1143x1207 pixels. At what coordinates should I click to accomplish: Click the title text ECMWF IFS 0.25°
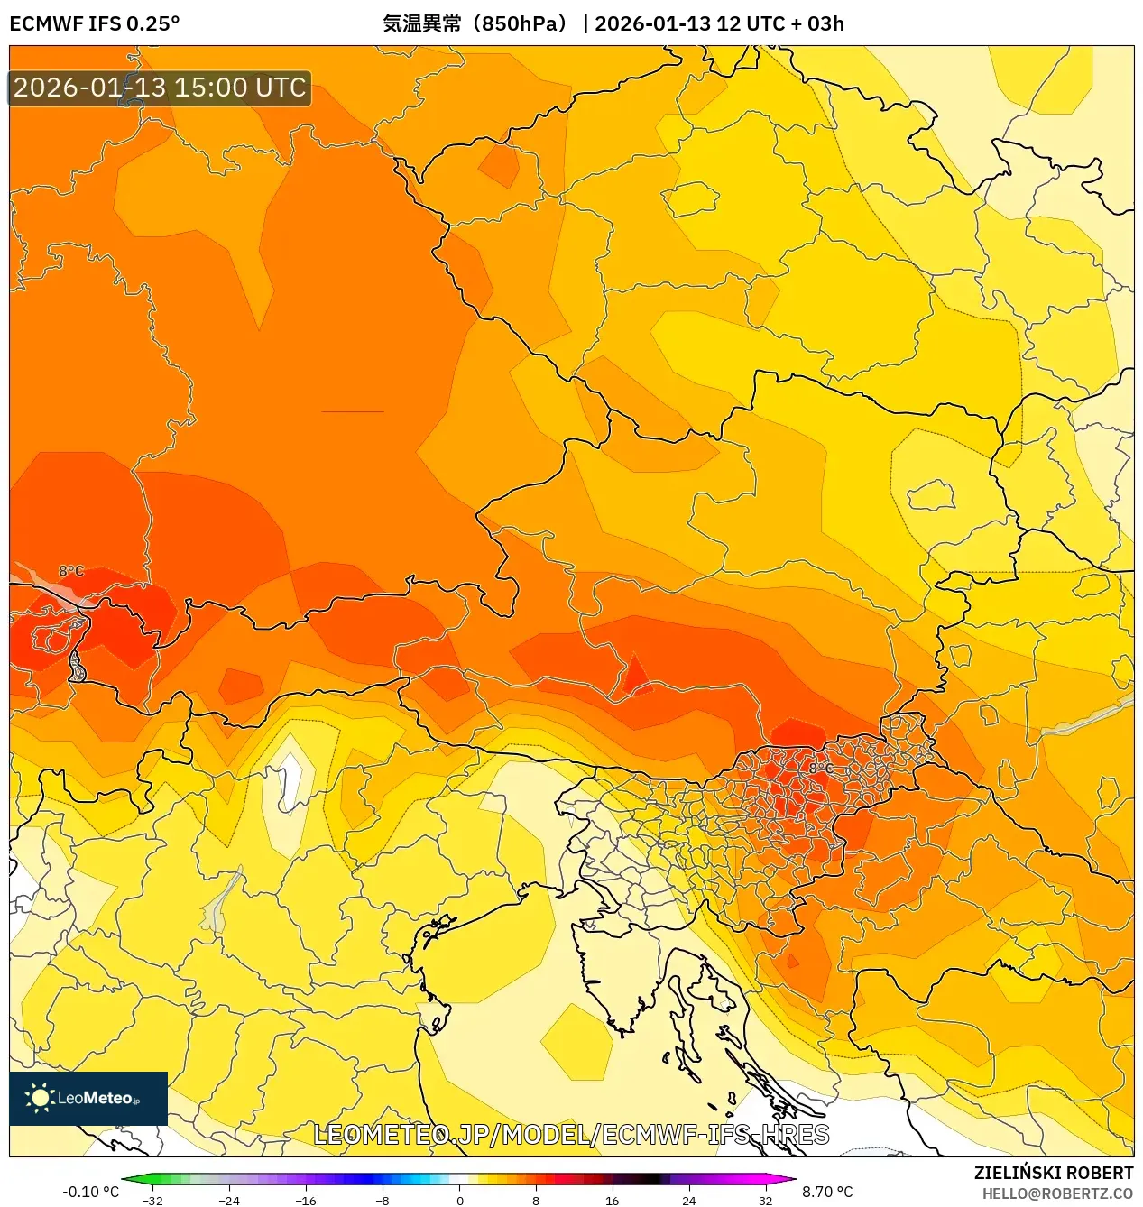pyautogui.click(x=95, y=24)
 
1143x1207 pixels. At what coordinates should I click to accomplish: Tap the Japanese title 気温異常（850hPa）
pyautogui.click(x=477, y=24)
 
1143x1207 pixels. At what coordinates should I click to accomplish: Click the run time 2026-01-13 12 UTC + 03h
pyautogui.click(x=719, y=24)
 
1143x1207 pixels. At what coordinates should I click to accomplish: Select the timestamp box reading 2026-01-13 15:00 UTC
pyautogui.click(x=160, y=88)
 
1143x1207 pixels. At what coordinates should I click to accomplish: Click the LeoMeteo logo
pyautogui.click(x=88, y=1098)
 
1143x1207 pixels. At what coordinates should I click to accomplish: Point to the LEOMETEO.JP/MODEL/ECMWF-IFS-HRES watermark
pyautogui.click(x=571, y=1135)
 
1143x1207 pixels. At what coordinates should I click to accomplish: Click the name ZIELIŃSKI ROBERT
pyautogui.click(x=1053, y=1173)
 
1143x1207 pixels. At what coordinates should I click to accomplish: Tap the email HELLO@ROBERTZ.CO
pyautogui.click(x=1057, y=1193)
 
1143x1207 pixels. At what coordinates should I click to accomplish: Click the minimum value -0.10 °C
pyautogui.click(x=90, y=1192)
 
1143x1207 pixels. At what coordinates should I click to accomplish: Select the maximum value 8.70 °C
pyautogui.click(x=827, y=1192)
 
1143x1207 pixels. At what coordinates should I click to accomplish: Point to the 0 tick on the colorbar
pyautogui.click(x=459, y=1200)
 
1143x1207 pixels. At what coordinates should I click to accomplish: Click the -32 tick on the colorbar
pyautogui.click(x=152, y=1200)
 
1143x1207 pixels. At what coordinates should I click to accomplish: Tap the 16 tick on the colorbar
pyautogui.click(x=613, y=1200)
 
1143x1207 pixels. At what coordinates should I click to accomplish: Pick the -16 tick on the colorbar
pyautogui.click(x=306, y=1200)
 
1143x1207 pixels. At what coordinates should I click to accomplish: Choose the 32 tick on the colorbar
pyautogui.click(x=766, y=1200)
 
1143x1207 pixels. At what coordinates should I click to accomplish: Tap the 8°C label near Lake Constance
pyautogui.click(x=71, y=571)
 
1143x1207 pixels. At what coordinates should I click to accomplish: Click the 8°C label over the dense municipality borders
pyautogui.click(x=820, y=768)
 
